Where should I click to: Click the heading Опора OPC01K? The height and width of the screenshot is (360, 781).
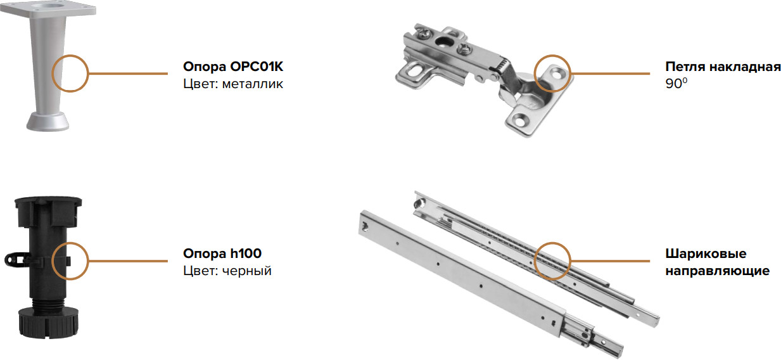[x=233, y=67]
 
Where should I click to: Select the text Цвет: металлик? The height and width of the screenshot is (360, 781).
[x=233, y=84]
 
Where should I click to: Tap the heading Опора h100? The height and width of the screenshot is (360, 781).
[x=222, y=254]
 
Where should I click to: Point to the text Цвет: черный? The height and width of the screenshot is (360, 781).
[x=227, y=271]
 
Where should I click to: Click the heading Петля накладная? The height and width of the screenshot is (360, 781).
[x=723, y=67]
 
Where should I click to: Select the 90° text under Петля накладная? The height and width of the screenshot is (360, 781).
[x=676, y=84]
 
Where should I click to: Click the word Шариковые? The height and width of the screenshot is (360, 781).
[x=706, y=254]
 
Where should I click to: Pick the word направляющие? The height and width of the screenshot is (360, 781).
[x=717, y=271]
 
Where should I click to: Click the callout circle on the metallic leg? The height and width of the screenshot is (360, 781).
[x=52, y=74]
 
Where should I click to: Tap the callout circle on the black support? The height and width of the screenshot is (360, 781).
[x=52, y=261]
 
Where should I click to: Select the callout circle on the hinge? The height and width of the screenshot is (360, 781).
[x=534, y=74]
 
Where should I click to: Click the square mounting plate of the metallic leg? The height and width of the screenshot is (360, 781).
[x=48, y=8]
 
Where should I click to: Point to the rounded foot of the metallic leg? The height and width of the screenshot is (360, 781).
[x=48, y=122]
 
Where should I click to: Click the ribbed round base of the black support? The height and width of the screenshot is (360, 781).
[x=48, y=323]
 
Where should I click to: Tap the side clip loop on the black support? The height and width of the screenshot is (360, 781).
[x=14, y=259]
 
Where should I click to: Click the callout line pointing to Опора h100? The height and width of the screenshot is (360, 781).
[x=128, y=261]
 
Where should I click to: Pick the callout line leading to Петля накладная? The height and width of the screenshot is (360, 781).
[x=610, y=74]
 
